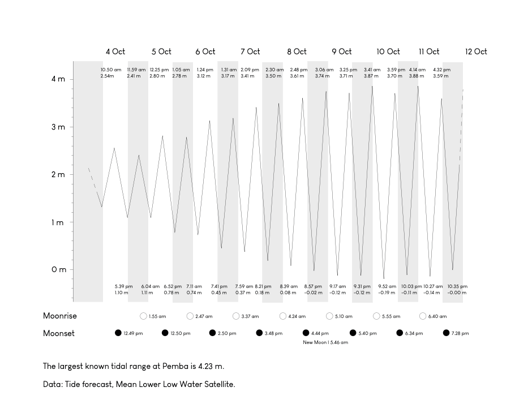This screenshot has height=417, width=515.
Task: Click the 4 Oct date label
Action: click(115, 51)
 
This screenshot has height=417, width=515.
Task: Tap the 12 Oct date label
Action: click(476, 51)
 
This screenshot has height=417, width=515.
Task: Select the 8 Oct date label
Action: click(297, 51)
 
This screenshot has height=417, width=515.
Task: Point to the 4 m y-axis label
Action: click(58, 79)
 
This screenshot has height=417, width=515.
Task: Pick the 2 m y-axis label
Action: click(58, 175)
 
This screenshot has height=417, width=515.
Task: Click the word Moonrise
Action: click(60, 316)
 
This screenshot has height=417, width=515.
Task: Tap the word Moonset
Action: click(59, 333)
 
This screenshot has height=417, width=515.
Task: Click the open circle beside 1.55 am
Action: click(143, 316)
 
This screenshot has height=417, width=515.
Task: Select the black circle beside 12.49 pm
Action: click(118, 333)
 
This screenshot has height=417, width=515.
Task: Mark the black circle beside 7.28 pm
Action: click(446, 333)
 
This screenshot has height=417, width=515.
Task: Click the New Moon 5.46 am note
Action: click(325, 342)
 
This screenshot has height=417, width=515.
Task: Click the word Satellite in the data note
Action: click(217, 384)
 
